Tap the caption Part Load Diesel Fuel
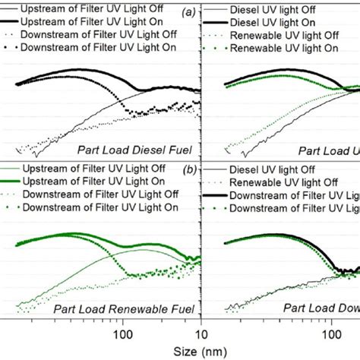click(138, 150)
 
